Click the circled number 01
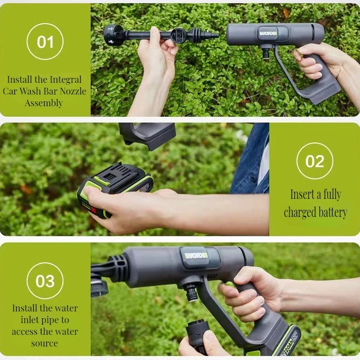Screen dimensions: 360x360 point(45,41)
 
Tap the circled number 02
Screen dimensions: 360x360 point(315,161)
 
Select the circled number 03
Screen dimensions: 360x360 point(45,281)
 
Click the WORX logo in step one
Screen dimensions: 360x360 point(268,33)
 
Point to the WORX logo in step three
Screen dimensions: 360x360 point(196,256)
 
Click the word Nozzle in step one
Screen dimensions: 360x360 point(73,91)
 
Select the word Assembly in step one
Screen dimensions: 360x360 point(44,103)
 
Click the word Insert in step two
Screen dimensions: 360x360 point(302,194)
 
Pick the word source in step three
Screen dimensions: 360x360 point(45,343)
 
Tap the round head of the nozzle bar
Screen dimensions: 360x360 point(112,35)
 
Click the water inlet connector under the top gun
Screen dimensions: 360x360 point(266,53)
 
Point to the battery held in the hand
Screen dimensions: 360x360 point(115,188)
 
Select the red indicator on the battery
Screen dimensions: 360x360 point(94,210)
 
